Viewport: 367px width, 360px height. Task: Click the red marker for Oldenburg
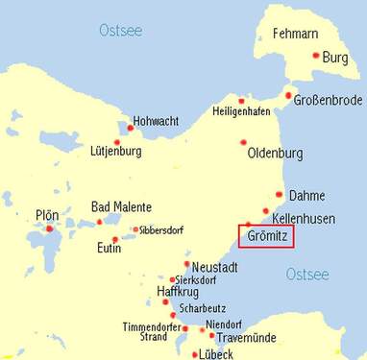coord(244,143)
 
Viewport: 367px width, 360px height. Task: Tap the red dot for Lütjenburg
coord(116,143)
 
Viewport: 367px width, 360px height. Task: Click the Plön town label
coord(45,215)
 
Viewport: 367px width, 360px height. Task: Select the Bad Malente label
coord(119,206)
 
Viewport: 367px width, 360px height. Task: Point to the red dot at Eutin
coord(115,240)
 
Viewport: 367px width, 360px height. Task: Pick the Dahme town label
coord(306,194)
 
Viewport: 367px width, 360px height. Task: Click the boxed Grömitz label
coord(266,235)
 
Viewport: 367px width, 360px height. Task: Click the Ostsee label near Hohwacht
coord(120,31)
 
